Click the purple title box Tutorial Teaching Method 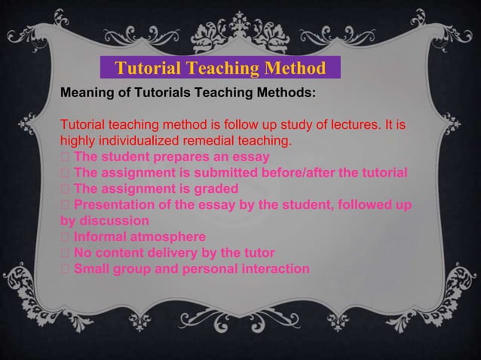tap(220, 69)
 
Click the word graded tap(214, 188)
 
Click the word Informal tap(100, 236)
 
